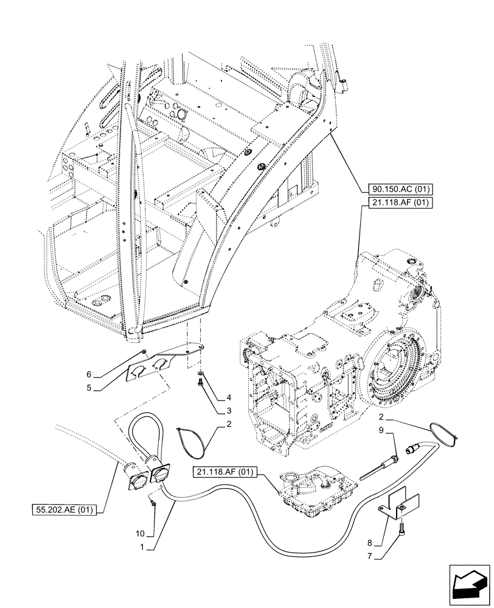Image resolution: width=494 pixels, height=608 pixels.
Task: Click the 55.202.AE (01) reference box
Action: pos(64,510)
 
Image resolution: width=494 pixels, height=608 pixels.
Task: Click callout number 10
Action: pos(141,533)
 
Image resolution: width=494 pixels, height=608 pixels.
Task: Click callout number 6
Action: pos(88,375)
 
